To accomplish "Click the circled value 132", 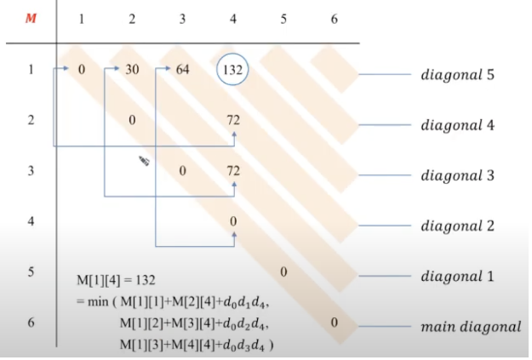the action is [232, 70].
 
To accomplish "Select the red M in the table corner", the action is [31, 19].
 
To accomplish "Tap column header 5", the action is [283, 19].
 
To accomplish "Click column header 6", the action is [334, 19].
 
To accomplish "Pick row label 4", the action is [31, 221].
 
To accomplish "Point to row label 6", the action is [31, 323].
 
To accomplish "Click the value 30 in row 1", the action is [132, 70].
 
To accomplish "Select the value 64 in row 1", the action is [182, 70].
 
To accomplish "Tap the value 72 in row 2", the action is [233, 120].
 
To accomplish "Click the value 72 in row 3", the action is [233, 171].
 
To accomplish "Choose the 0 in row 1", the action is [81, 70].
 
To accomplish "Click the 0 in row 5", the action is [283, 271].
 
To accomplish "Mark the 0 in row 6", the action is [335, 322].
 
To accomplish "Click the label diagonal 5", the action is [458, 75].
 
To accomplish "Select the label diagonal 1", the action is [458, 277].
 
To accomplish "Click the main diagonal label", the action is [471, 327].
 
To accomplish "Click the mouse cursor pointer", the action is [143, 160].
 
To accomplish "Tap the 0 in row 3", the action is [182, 171].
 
